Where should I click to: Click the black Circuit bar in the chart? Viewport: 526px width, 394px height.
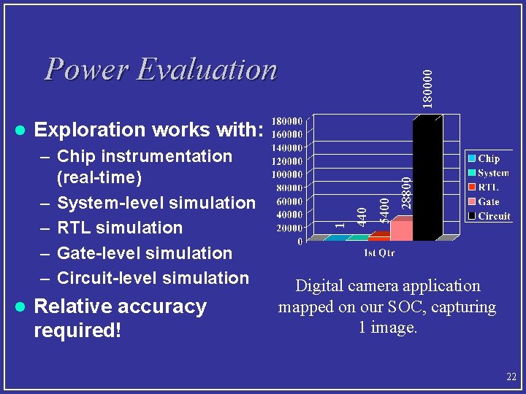pos(434,179)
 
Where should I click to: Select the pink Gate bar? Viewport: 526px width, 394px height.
pos(401,229)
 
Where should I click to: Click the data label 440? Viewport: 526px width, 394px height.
pos(360,215)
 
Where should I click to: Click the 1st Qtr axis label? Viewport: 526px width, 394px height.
pos(380,252)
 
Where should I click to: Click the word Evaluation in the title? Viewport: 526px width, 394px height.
pos(207,70)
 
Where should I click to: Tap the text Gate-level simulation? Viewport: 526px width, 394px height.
pos(144,253)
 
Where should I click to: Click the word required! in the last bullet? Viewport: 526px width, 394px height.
pos(77,331)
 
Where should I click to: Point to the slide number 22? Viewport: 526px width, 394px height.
pos(511,377)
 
